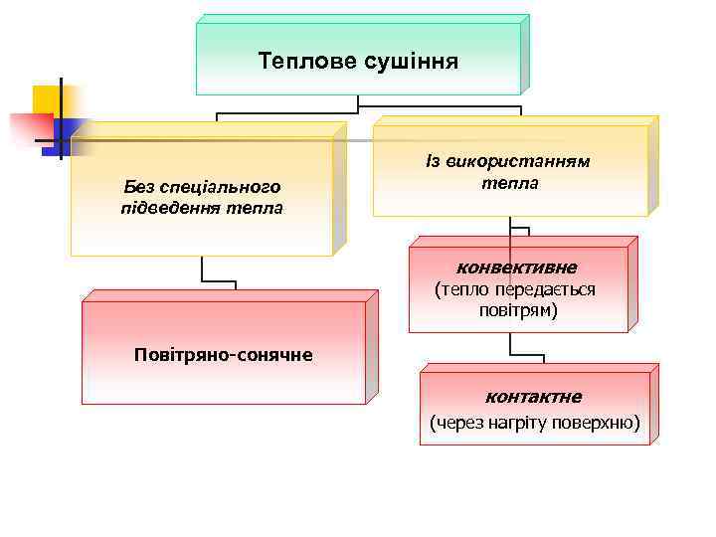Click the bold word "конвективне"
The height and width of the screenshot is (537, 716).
tap(516, 268)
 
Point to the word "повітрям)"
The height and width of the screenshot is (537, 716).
tap(517, 310)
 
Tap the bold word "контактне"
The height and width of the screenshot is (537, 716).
tap(533, 397)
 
